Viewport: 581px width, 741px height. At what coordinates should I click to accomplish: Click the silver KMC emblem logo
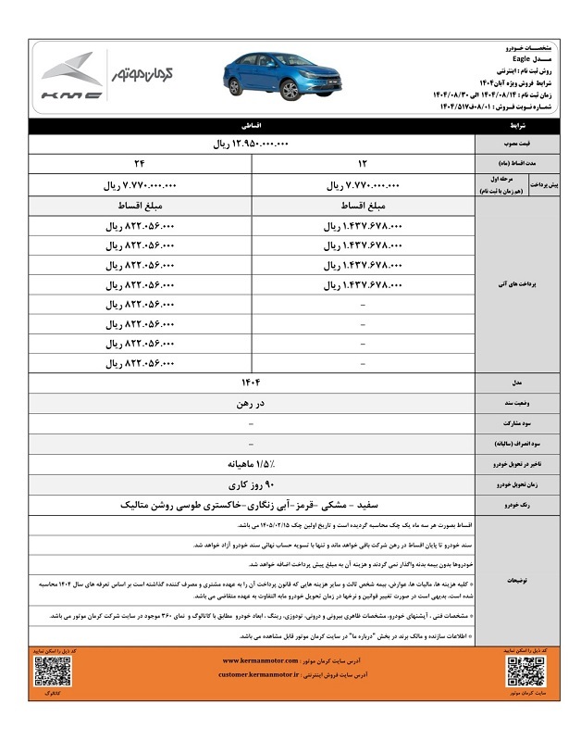point(71,70)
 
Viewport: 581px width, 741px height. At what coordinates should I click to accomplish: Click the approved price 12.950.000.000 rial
point(251,145)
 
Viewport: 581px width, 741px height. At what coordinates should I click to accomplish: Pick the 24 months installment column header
point(140,165)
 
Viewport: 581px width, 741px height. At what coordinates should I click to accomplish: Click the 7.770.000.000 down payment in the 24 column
point(140,185)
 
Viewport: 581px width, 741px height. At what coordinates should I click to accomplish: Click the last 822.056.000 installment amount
point(140,363)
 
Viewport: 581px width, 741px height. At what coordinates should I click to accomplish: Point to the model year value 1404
point(251,383)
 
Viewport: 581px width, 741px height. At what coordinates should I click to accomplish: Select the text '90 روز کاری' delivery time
point(251,484)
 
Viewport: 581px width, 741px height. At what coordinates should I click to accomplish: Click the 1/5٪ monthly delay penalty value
point(251,464)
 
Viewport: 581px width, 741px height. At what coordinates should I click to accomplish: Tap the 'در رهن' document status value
point(251,403)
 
